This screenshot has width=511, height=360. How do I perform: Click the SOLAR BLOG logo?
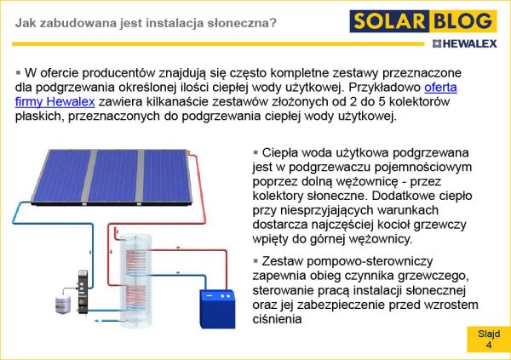(423, 21)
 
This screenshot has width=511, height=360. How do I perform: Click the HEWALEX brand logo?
(465, 43)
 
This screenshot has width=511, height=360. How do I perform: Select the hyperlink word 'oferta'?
(440, 88)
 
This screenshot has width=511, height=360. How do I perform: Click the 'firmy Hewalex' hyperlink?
(55, 101)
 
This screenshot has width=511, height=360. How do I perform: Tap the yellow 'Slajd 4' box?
(489, 340)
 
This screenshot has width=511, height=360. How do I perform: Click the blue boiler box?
(217, 309)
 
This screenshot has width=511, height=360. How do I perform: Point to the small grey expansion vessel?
(63, 306)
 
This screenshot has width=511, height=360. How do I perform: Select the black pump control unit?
(83, 292)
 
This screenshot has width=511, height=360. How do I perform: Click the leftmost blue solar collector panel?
(61, 176)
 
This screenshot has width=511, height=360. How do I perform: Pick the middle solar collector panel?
(113, 176)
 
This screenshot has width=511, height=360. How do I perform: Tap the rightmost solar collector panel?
(166, 176)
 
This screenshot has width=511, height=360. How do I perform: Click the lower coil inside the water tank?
(135, 298)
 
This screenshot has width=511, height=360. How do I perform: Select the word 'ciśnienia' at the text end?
(277, 319)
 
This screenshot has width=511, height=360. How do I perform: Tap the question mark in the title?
(273, 23)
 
